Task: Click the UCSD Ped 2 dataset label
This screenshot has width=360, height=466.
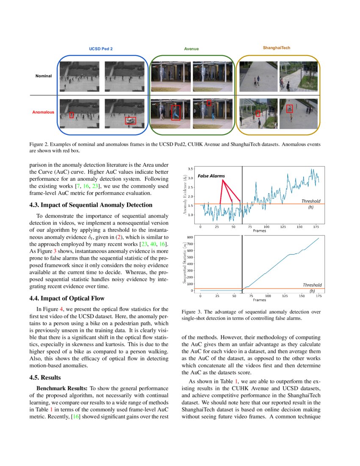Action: [x=100, y=49]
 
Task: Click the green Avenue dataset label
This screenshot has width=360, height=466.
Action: [x=191, y=49]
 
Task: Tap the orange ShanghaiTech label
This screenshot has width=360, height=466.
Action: [x=277, y=48]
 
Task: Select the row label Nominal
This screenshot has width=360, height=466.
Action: [x=44, y=76]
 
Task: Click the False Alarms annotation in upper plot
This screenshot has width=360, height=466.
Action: [x=211, y=175]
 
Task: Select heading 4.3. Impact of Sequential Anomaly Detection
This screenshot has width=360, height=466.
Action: [x=91, y=205]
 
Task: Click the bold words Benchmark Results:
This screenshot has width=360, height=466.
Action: [x=62, y=388]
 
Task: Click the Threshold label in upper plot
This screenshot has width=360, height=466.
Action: [x=311, y=201]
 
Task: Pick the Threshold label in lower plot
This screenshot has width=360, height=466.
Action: [x=312, y=285]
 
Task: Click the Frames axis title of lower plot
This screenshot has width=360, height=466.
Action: [x=259, y=300]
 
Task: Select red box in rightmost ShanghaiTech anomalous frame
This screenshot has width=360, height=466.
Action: [x=289, y=108]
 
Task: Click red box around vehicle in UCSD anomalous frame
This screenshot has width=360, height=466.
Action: [x=130, y=121]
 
